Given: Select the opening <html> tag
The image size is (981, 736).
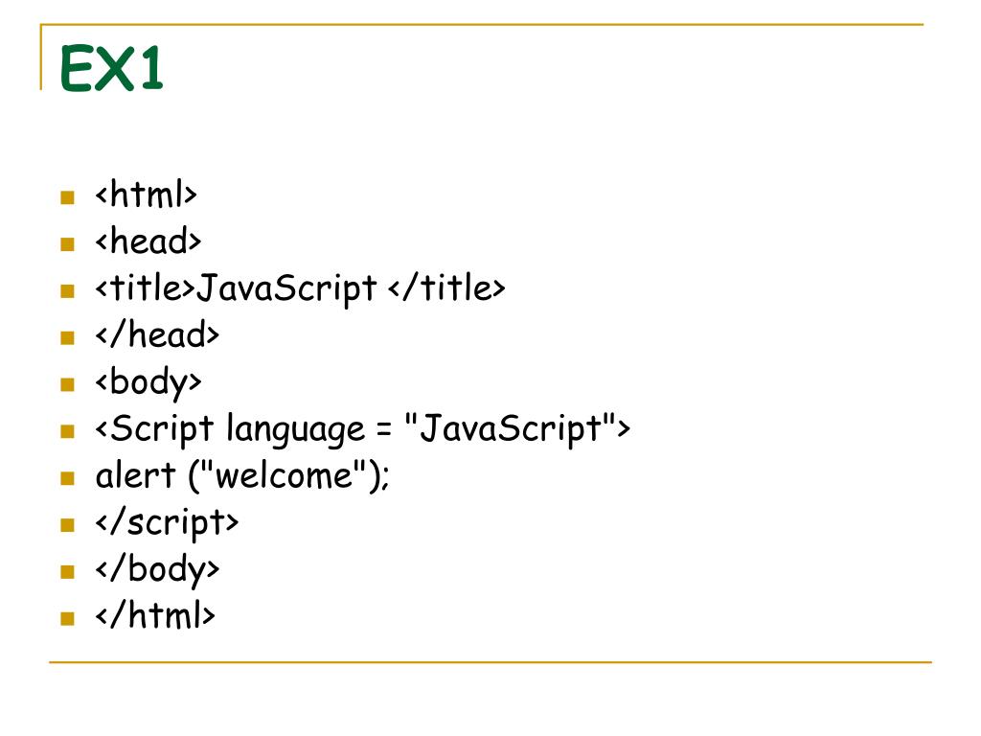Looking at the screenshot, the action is click(x=146, y=195).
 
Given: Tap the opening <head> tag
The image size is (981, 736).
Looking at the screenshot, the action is click(x=148, y=241).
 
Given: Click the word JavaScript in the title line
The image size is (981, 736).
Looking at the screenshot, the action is click(x=286, y=288).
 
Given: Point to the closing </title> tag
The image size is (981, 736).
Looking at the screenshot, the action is click(x=446, y=288).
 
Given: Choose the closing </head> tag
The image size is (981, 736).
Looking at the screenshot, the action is click(x=157, y=335).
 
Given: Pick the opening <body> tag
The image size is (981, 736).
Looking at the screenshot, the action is click(x=148, y=382).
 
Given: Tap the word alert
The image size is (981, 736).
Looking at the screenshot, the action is click(x=135, y=476).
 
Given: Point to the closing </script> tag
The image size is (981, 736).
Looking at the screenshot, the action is click(x=167, y=523).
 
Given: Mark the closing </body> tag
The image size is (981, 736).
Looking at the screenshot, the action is click(x=157, y=570).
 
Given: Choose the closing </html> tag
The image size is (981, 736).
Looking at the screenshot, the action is click(x=155, y=616).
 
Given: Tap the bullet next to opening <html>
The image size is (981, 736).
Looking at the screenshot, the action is click(x=67, y=197).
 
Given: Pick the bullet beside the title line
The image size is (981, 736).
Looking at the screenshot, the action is click(x=67, y=290).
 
